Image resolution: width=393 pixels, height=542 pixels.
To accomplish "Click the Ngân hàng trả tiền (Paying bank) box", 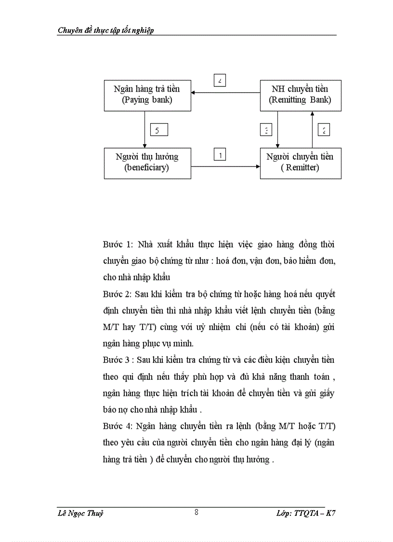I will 146,95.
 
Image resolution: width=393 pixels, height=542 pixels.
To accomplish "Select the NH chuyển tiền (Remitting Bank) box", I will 300,95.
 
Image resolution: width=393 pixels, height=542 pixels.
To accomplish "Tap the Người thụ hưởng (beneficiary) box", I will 146,163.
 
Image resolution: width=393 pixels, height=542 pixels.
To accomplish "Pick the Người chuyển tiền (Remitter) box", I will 300,163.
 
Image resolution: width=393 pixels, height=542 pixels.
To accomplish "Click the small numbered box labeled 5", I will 157,130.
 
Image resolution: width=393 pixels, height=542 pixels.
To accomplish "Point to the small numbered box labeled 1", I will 220,155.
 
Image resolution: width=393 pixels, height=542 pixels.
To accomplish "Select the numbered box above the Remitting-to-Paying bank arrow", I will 220,81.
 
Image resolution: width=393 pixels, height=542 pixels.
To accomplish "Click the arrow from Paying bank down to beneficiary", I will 145,128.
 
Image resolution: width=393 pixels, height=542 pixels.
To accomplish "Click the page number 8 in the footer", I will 196,513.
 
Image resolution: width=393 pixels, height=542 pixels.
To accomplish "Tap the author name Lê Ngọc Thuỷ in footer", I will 80,514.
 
